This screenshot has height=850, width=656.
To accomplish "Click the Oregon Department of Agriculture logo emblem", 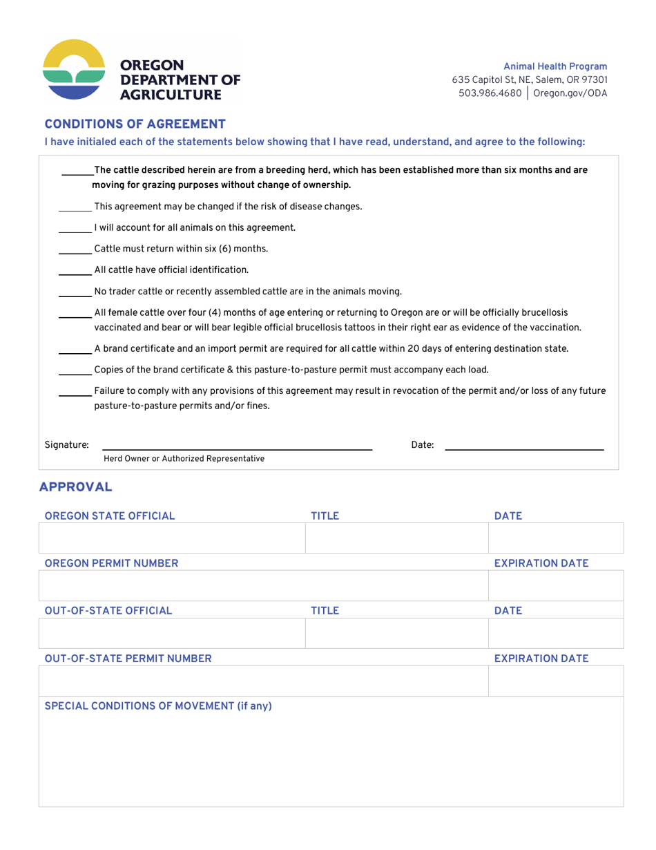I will (75, 69).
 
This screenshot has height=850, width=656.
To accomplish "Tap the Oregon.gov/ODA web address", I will (570, 93).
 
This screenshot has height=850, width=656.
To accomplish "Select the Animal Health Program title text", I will (555, 66).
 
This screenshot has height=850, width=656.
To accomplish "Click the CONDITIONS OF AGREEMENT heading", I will (135, 124).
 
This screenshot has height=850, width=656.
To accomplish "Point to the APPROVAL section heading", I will (75, 487).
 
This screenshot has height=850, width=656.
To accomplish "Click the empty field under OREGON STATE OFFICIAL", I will (171, 538).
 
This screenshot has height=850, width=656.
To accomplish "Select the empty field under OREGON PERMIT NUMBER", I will (262, 585).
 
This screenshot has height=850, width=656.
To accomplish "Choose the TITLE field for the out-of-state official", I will (396, 633).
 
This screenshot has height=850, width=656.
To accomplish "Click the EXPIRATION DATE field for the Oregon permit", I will (555, 585).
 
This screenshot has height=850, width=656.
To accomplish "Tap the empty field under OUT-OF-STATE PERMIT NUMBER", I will (262, 681).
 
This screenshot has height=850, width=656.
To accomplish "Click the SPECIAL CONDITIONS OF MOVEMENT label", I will (158, 706).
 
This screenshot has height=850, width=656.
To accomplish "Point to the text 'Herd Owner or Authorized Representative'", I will (184, 458).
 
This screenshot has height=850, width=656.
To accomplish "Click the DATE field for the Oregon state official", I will (555, 538).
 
